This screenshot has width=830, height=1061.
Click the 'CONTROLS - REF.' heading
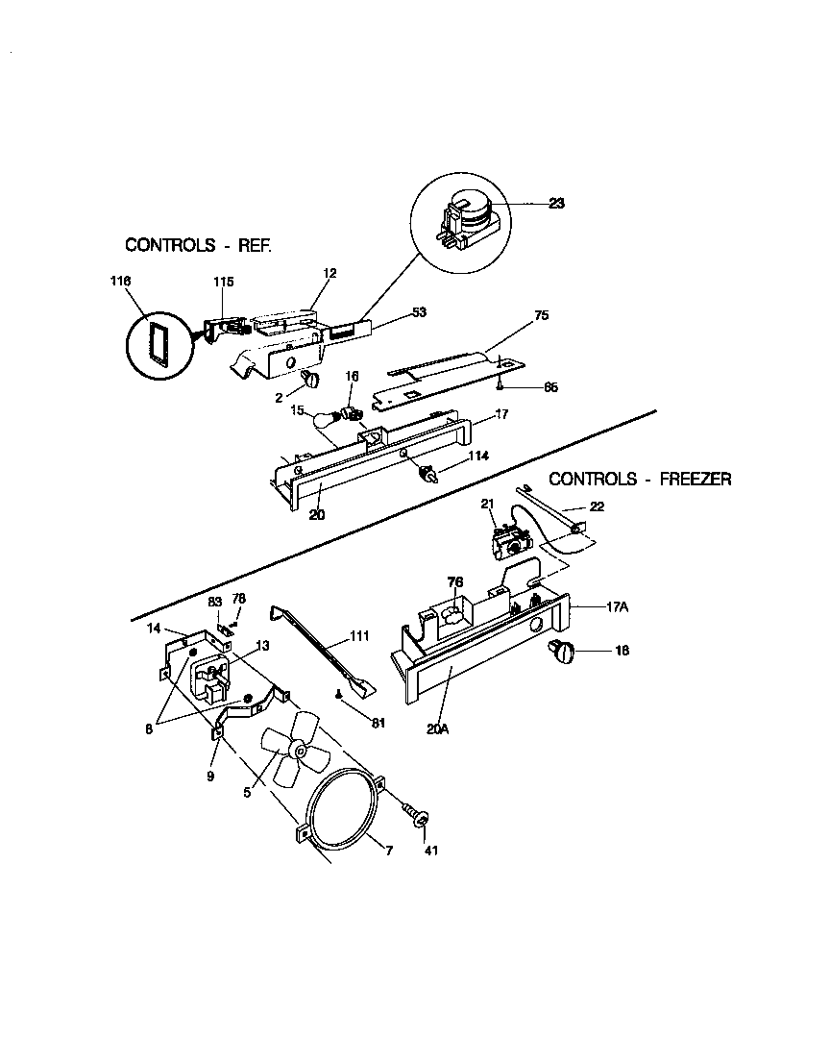[x=199, y=245]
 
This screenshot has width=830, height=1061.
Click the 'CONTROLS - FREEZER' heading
[x=640, y=479]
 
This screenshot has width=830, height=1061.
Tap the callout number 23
[x=556, y=203]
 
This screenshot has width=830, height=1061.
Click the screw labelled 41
[x=416, y=815]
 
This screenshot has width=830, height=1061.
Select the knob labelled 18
[x=562, y=653]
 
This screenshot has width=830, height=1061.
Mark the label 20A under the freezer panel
[x=437, y=729]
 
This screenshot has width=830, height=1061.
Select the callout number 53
[x=419, y=312]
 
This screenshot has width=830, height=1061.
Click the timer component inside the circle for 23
[x=466, y=218]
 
